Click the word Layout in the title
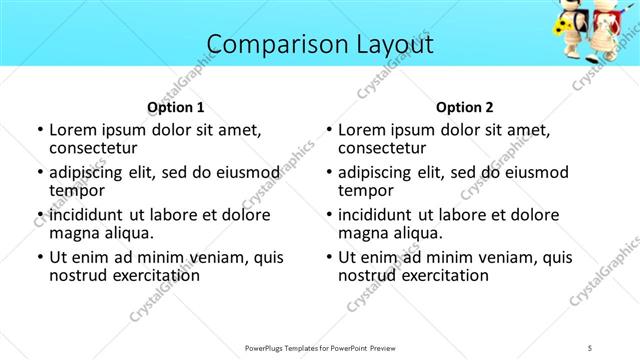(385, 45)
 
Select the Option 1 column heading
(176, 107)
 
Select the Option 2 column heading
(464, 107)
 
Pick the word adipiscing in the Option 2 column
(377, 172)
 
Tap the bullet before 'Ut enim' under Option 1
(38, 257)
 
